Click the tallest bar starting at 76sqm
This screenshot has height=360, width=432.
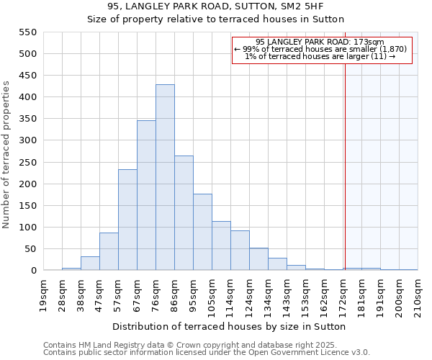(x=165, y=178)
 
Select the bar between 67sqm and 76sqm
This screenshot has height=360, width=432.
(x=146, y=196)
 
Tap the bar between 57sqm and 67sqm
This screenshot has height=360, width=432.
(x=127, y=220)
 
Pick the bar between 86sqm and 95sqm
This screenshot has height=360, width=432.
(x=184, y=213)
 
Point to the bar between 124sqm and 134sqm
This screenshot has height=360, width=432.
(x=258, y=259)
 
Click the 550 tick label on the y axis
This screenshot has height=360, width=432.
(x=27, y=32)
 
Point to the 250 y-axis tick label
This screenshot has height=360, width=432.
(x=27, y=163)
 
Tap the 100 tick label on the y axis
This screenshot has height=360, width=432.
(x=27, y=228)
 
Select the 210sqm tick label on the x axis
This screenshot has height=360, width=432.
(x=418, y=295)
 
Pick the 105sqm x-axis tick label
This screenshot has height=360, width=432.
(x=212, y=295)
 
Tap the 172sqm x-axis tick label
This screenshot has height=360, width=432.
(x=343, y=295)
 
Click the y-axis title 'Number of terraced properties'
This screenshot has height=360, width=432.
(x=7, y=155)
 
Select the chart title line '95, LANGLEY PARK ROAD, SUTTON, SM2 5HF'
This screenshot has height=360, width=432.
(x=216, y=6)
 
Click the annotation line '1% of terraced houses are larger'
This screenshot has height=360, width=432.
(x=321, y=56)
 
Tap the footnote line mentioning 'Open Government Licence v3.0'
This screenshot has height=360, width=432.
(x=207, y=352)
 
